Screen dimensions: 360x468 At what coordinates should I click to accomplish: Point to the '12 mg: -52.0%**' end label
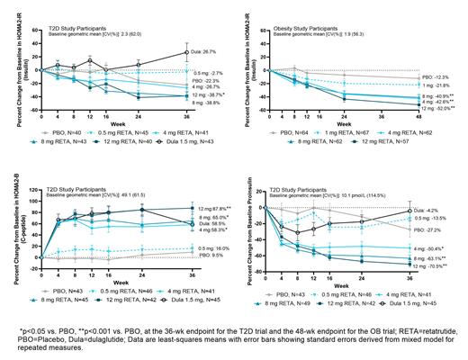pyautogui.click(x=437, y=108)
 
